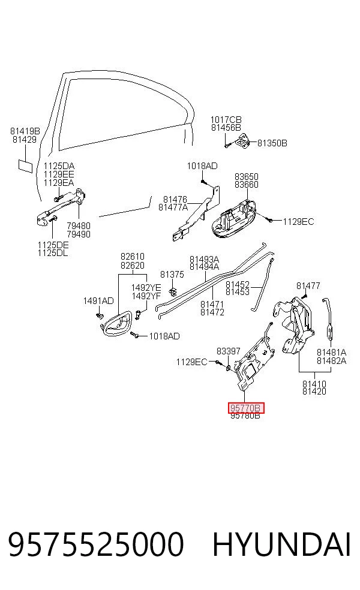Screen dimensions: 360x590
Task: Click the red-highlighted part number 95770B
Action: [246, 408]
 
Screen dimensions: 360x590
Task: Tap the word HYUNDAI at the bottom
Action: [281, 544]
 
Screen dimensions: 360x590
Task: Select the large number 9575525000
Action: [95, 544]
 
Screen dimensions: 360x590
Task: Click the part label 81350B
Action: [272, 143]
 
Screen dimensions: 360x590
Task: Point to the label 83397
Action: [228, 351]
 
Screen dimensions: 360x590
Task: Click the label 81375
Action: [172, 274]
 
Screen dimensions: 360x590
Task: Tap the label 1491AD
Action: [98, 300]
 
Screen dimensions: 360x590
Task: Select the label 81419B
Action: [25, 131]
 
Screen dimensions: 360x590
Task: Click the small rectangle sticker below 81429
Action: [26, 166]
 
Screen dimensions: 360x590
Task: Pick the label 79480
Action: [79, 226]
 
